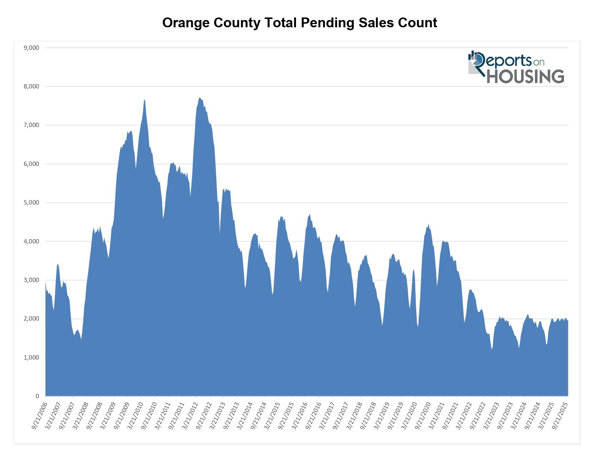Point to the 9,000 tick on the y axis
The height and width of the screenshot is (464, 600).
click(31, 48)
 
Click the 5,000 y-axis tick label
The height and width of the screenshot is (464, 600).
click(31, 203)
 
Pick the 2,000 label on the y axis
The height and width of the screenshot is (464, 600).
click(31, 319)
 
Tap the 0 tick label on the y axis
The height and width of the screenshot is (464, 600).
click(37, 396)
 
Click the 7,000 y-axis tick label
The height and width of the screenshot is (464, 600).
click(31, 125)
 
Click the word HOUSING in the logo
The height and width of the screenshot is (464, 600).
click(525, 76)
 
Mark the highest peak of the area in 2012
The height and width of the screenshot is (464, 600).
click(200, 98)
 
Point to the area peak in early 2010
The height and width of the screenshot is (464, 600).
click(144, 99)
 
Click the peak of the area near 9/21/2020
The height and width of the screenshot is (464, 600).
click(428, 225)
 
